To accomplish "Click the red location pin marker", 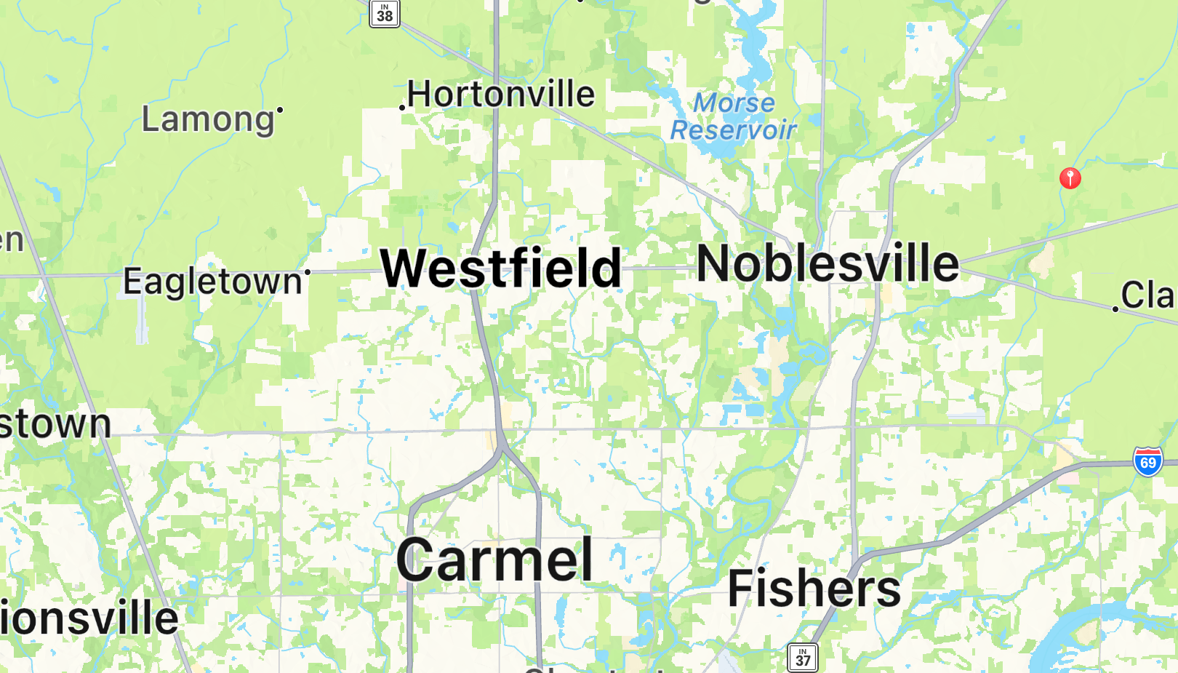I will tap(1070, 178).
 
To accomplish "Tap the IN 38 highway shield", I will tap(385, 13).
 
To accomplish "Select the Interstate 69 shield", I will tap(1147, 462).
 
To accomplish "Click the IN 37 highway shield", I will tap(802, 658).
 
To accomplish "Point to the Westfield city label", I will tap(501, 268).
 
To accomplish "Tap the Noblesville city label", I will tap(828, 263).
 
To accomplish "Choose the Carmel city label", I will tap(494, 560).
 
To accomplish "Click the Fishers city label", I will tap(814, 588).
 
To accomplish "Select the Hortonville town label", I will tap(501, 94).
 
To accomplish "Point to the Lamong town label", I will tap(207, 119).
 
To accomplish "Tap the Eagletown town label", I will tap(212, 282).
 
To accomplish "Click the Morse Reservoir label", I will tap(733, 116).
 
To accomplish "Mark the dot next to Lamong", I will tap(280, 110).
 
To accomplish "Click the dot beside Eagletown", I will tap(308, 272).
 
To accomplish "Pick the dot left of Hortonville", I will tap(402, 108).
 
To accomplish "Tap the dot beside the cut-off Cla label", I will tap(1115, 309).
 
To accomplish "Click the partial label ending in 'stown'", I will tap(55, 424).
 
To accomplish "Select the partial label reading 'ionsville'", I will tap(89, 618).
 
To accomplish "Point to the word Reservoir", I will tap(733, 130).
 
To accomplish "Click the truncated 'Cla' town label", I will tap(1147, 295).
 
